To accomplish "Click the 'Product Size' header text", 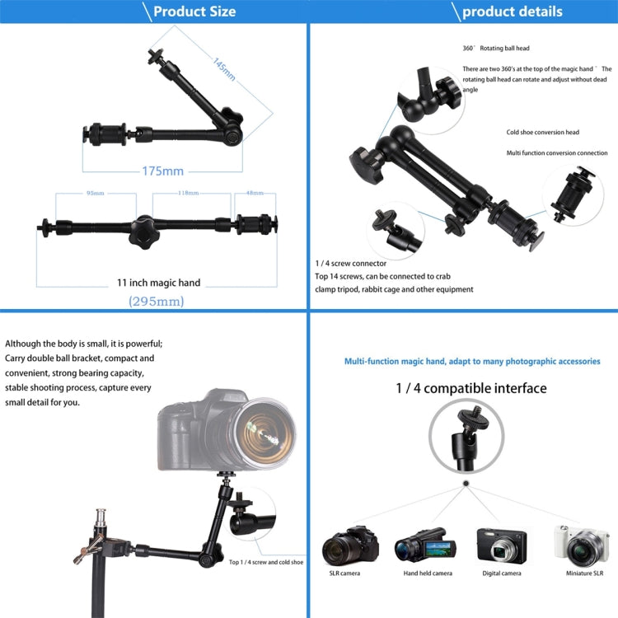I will point(194,12).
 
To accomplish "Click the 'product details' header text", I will point(512,12).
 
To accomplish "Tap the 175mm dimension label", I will point(162,171).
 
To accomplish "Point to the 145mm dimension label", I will point(223,69).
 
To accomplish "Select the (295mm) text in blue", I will point(157,302).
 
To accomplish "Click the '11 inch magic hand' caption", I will point(158,283).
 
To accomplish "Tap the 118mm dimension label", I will point(188,193).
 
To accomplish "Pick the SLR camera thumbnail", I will point(350,545).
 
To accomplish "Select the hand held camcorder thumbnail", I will point(425,545).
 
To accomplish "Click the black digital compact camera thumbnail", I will point(501,545).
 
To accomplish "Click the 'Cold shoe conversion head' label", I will point(542,133).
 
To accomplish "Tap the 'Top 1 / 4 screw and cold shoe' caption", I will point(265,562).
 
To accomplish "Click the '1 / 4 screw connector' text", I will point(351,263).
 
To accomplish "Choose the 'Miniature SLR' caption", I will point(583,574).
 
